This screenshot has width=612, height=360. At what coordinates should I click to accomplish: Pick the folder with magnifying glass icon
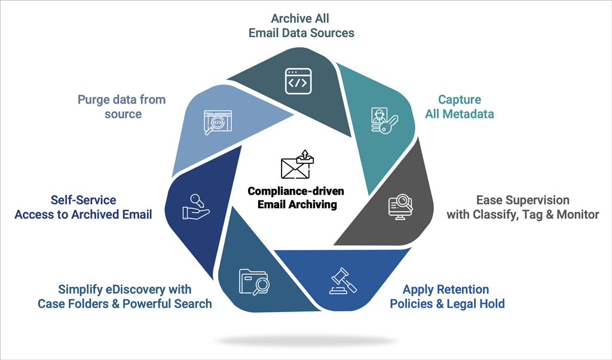tap(253, 282)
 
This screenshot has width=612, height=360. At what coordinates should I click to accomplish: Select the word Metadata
tap(469, 114)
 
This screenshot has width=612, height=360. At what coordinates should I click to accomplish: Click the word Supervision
tap(534, 200)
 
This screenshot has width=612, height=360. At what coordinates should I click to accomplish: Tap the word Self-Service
tap(83, 200)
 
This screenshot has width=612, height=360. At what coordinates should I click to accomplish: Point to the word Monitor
tap(576, 214)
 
